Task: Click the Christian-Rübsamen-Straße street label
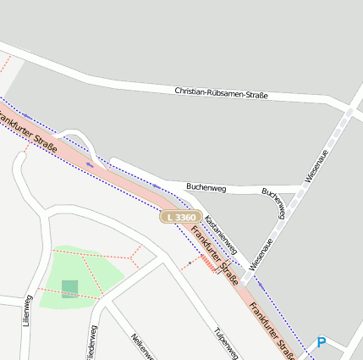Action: tap(221, 94)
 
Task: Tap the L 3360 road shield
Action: tap(180, 218)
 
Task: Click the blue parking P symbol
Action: tap(321, 342)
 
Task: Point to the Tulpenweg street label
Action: tap(223, 342)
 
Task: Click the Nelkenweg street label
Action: tap(141, 349)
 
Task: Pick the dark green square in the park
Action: tap(69, 289)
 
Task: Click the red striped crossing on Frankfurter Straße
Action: tap(207, 265)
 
